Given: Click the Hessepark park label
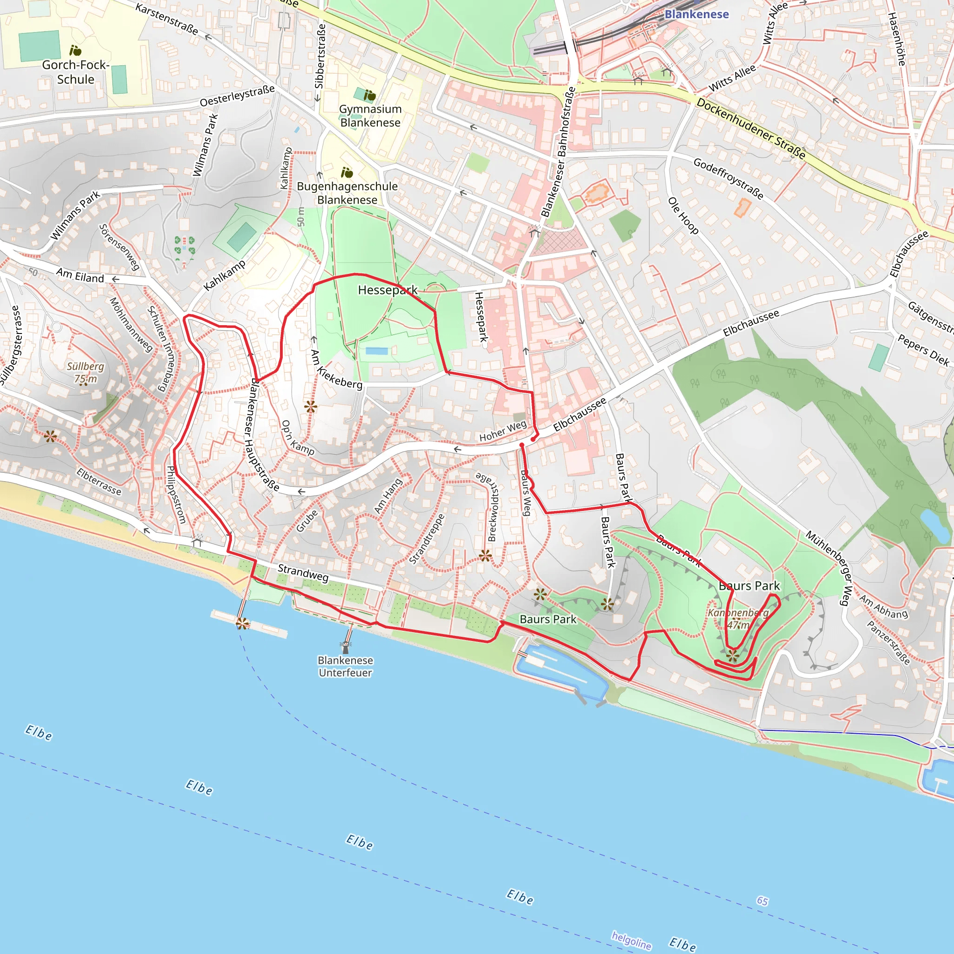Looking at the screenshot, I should (x=388, y=290).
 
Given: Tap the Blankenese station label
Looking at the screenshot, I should (x=696, y=14).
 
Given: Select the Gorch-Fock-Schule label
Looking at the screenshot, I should (x=75, y=72).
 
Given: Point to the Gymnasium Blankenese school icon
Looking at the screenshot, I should (x=370, y=95).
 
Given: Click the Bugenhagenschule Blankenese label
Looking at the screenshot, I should (x=347, y=193).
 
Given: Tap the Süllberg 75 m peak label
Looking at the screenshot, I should (x=85, y=372).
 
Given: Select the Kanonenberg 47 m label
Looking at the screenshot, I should (x=738, y=618).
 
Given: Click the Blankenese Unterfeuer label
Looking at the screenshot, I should (x=345, y=666).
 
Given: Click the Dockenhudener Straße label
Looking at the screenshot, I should (x=750, y=129).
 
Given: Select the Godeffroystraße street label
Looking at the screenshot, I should (x=729, y=178).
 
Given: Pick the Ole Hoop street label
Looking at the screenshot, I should (x=683, y=215).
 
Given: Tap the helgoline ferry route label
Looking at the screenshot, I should (x=631, y=940).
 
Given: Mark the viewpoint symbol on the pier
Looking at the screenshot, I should (x=242, y=624).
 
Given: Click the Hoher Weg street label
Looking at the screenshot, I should (x=503, y=431).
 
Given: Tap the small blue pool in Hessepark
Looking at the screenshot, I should (x=377, y=351).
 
